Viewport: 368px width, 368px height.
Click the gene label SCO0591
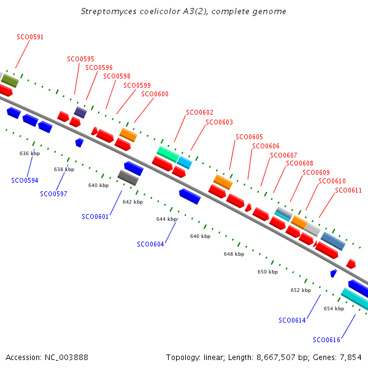point(30,37)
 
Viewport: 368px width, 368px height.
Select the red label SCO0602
point(199,112)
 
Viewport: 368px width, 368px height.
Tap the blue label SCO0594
point(25,180)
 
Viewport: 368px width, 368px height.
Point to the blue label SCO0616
point(326,340)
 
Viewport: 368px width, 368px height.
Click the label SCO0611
point(348,190)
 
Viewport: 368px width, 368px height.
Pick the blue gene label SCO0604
point(150,244)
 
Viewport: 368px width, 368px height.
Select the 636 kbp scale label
point(30,153)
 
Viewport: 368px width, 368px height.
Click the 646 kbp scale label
point(200,236)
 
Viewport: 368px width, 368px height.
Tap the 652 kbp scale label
point(301,290)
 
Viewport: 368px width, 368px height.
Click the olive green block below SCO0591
point(10,81)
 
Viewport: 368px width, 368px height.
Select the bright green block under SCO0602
point(168,154)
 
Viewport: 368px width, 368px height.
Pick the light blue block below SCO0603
point(185,163)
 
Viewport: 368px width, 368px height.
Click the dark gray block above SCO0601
point(128,178)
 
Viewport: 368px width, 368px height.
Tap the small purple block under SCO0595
point(80,112)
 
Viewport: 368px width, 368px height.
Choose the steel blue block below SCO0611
point(333,241)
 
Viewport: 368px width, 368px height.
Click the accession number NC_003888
point(66,358)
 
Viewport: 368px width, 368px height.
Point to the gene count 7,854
point(351,358)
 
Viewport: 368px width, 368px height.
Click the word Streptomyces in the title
point(109,12)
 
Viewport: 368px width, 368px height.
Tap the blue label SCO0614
point(292,320)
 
